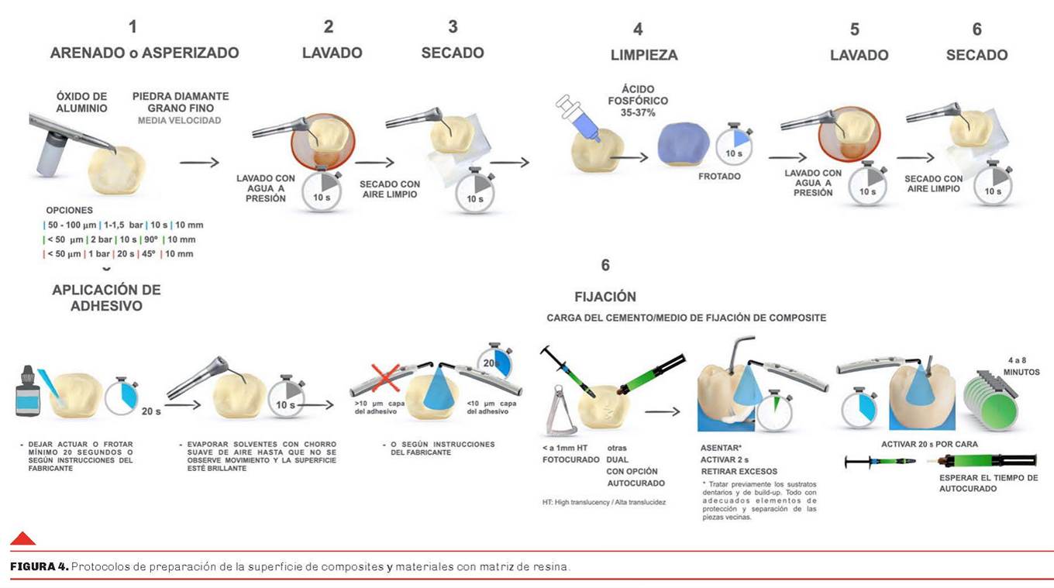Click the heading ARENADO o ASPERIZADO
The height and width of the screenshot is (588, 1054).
coord(144,53)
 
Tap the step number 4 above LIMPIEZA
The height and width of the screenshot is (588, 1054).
coord(638,29)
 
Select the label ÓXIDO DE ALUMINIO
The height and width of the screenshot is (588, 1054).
coord(81,103)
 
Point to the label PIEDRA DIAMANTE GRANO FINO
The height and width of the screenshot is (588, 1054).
coord(181,102)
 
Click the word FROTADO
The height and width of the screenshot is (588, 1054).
coord(718,177)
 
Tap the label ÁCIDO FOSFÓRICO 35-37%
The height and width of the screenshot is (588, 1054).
coord(639,101)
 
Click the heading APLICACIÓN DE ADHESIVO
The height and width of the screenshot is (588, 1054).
coord(106,297)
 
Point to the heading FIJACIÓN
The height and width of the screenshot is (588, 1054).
coord(605,297)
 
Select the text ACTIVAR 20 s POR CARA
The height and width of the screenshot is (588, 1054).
coord(929,444)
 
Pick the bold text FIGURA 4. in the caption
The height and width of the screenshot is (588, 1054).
coord(39,567)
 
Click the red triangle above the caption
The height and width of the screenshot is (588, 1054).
coord(22,538)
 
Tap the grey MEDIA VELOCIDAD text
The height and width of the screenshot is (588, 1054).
coord(179,121)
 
